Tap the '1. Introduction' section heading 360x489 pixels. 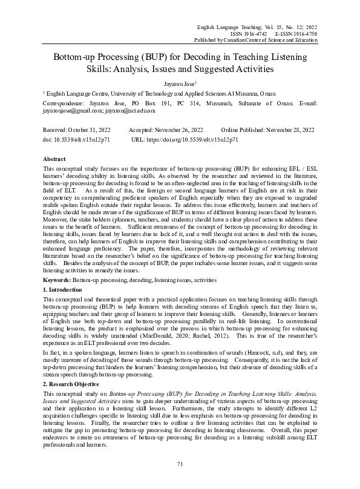(65, 290)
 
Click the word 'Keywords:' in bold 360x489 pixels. (58, 280)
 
